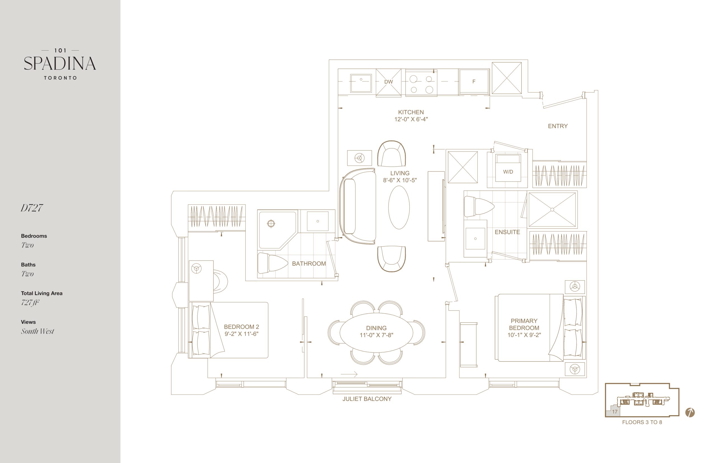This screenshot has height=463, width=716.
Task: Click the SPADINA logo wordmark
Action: point(60,63)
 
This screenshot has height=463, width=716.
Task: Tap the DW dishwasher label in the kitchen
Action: point(388,82)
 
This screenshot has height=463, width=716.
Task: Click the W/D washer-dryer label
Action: point(508,172)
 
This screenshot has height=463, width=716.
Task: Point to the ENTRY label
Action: point(557,126)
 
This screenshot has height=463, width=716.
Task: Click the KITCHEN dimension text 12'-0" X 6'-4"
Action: point(411,119)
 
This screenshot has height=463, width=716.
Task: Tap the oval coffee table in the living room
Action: point(399,207)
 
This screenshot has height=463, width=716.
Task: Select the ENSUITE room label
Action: point(507,232)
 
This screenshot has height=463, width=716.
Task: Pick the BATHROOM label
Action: point(309,264)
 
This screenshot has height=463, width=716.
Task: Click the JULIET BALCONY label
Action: point(367,399)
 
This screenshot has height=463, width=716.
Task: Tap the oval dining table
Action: point(376,332)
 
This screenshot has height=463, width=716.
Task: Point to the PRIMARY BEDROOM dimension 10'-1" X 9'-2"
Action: point(524,335)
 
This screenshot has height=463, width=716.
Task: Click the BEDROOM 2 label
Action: point(241,327)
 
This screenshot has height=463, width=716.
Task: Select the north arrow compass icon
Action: point(690,412)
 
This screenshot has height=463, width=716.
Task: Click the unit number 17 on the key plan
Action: point(615,412)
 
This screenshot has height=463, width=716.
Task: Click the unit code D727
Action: point(32,208)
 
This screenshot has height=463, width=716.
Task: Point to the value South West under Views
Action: point(37,331)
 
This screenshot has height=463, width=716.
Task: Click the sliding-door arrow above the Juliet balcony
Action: point(349,374)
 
